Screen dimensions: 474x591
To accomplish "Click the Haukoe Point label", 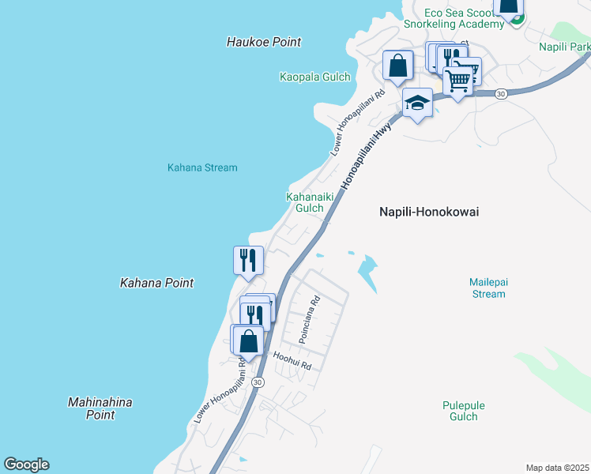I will point(264,42).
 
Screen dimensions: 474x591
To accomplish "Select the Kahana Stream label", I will point(202,167).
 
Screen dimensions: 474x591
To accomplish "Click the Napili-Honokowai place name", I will point(429,212).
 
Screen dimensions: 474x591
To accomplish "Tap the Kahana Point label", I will point(156,282).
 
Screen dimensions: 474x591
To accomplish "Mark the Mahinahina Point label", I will point(100,408).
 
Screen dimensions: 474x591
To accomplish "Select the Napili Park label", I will point(565,47).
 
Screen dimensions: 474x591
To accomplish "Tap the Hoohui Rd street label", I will point(292,362).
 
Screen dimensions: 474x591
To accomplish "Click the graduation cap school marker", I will point(417,103).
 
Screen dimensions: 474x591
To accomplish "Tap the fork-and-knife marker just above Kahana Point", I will point(248,260).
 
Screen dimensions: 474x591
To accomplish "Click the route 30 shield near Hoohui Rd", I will point(258,382).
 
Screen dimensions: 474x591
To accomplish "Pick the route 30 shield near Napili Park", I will point(501,94).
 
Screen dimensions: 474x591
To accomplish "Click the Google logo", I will point(26,465).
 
